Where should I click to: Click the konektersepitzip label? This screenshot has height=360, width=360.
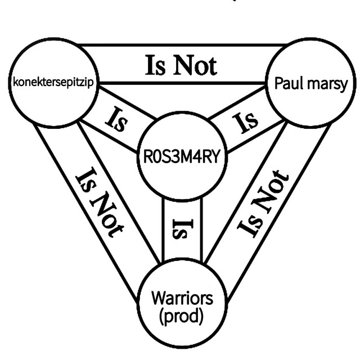pyautogui.click(x=53, y=83)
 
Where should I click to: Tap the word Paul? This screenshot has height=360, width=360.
pyautogui.click(x=288, y=83)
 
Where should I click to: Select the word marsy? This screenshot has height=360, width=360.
pyautogui.click(x=326, y=85)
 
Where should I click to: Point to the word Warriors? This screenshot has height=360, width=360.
pyautogui.click(x=182, y=298)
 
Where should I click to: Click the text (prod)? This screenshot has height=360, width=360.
pyautogui.click(x=181, y=316)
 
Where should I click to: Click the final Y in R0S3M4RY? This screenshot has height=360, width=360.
pyautogui.click(x=215, y=156)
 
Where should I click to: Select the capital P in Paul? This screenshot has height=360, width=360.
pyautogui.click(x=278, y=83)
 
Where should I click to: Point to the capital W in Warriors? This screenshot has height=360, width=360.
pyautogui.click(x=160, y=298)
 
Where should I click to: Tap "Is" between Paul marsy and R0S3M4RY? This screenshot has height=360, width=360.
pyautogui.click(x=245, y=122)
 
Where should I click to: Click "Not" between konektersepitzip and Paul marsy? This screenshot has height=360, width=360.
pyautogui.click(x=195, y=65)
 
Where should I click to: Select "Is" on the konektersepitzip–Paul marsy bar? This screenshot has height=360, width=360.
pyautogui.click(x=155, y=65)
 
